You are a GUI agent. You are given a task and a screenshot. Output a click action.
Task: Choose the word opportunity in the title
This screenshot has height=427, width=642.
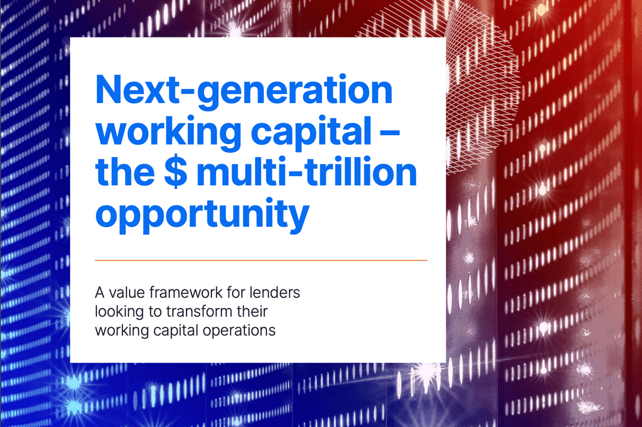click(x=202, y=214)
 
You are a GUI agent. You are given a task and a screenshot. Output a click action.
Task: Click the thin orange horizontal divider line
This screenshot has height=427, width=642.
click(x=261, y=260)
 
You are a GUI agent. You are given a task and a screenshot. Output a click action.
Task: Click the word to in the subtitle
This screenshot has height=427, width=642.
click(x=150, y=311)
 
